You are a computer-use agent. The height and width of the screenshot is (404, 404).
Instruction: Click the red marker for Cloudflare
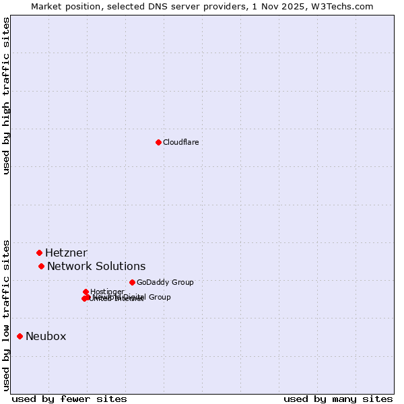[158, 142]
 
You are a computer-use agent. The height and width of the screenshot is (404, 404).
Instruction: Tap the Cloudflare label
[180, 142]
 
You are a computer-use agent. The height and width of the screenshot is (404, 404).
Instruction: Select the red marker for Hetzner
[40, 252]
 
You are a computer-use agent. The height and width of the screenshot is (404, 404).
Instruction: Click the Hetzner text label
[66, 253]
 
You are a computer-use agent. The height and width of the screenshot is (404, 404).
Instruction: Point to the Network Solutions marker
[42, 266]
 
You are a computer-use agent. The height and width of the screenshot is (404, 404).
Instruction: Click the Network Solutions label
[96, 267]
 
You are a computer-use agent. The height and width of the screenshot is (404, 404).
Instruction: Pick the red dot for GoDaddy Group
[132, 282]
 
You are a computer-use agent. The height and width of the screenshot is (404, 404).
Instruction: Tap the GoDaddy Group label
[165, 283]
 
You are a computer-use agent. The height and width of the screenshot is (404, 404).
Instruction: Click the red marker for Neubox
[20, 336]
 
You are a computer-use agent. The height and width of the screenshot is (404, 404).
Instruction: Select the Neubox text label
[46, 337]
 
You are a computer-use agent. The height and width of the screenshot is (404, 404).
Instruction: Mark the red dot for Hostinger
[86, 292]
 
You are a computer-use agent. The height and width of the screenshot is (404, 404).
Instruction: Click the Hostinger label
[107, 292]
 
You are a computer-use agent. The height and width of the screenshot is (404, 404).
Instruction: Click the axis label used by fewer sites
[69, 399]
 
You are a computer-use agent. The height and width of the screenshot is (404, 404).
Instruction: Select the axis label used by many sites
[338, 399]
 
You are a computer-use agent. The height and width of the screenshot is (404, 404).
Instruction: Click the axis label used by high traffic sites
[7, 96]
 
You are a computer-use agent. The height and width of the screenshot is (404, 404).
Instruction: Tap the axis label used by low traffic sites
[7, 314]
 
